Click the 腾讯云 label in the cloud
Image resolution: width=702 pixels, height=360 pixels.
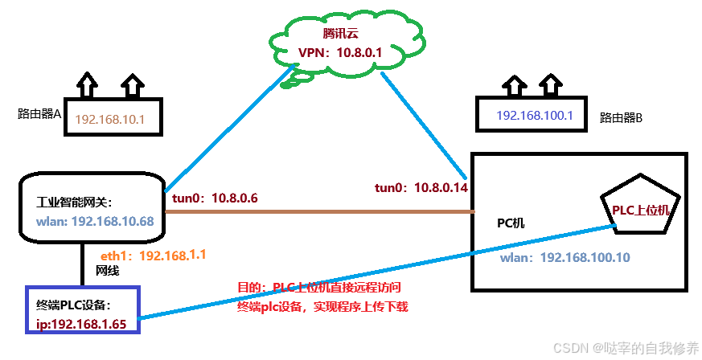coord(339,34)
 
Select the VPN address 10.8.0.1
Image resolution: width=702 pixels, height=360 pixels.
coord(339,53)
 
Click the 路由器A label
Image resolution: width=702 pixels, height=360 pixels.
coord(39,114)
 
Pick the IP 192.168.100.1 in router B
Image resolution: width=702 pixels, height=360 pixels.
coord(535,116)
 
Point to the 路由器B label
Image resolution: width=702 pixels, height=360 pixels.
coord(622,117)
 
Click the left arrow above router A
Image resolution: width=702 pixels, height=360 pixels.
coord(86,83)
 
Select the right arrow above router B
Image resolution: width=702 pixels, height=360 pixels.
coord(550,83)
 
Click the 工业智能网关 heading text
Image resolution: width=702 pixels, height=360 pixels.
coord(76,203)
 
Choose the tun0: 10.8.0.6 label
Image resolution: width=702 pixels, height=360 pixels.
coord(214,198)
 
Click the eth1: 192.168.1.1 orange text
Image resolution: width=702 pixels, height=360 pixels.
coord(154,255)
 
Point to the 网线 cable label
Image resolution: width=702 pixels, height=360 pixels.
coord(108,271)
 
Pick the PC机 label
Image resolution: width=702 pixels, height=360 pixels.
coord(511,222)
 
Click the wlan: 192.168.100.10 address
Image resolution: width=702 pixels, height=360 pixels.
coord(564,257)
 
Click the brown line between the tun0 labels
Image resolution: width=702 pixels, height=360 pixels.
coord(322,212)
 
